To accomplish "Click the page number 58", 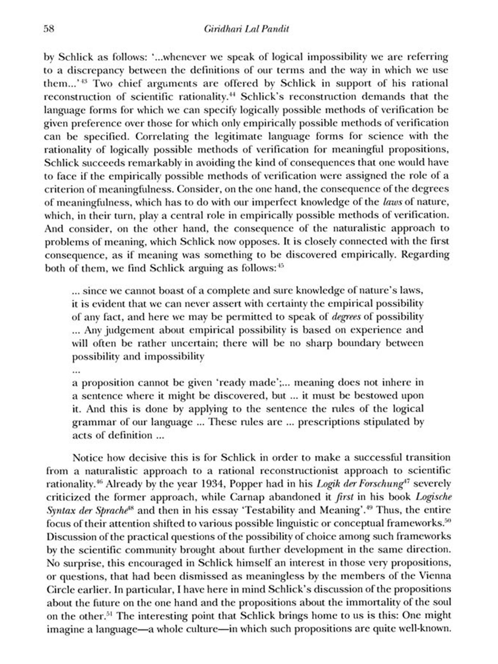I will [49, 29].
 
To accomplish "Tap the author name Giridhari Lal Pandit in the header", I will [246, 29].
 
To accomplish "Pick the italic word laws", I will [392, 202].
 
